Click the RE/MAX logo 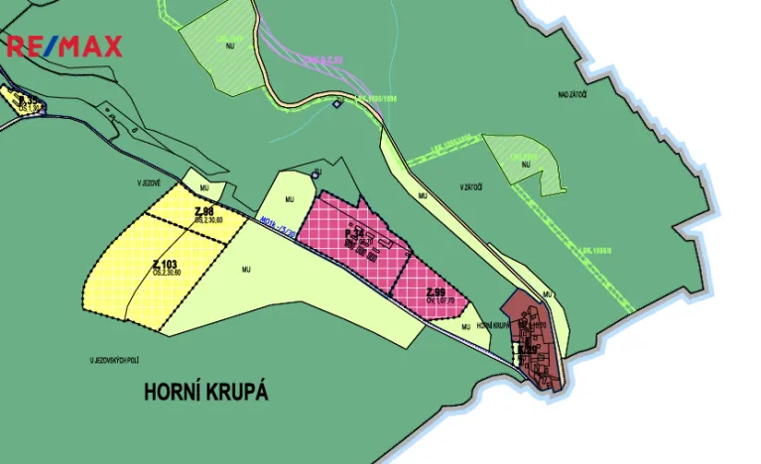(64, 46)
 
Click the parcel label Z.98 (205, 211)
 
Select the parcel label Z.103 (166, 264)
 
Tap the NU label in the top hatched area (229, 46)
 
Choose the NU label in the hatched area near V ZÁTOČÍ (526, 164)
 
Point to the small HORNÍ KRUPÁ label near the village (492, 326)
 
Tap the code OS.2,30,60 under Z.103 (166, 273)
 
